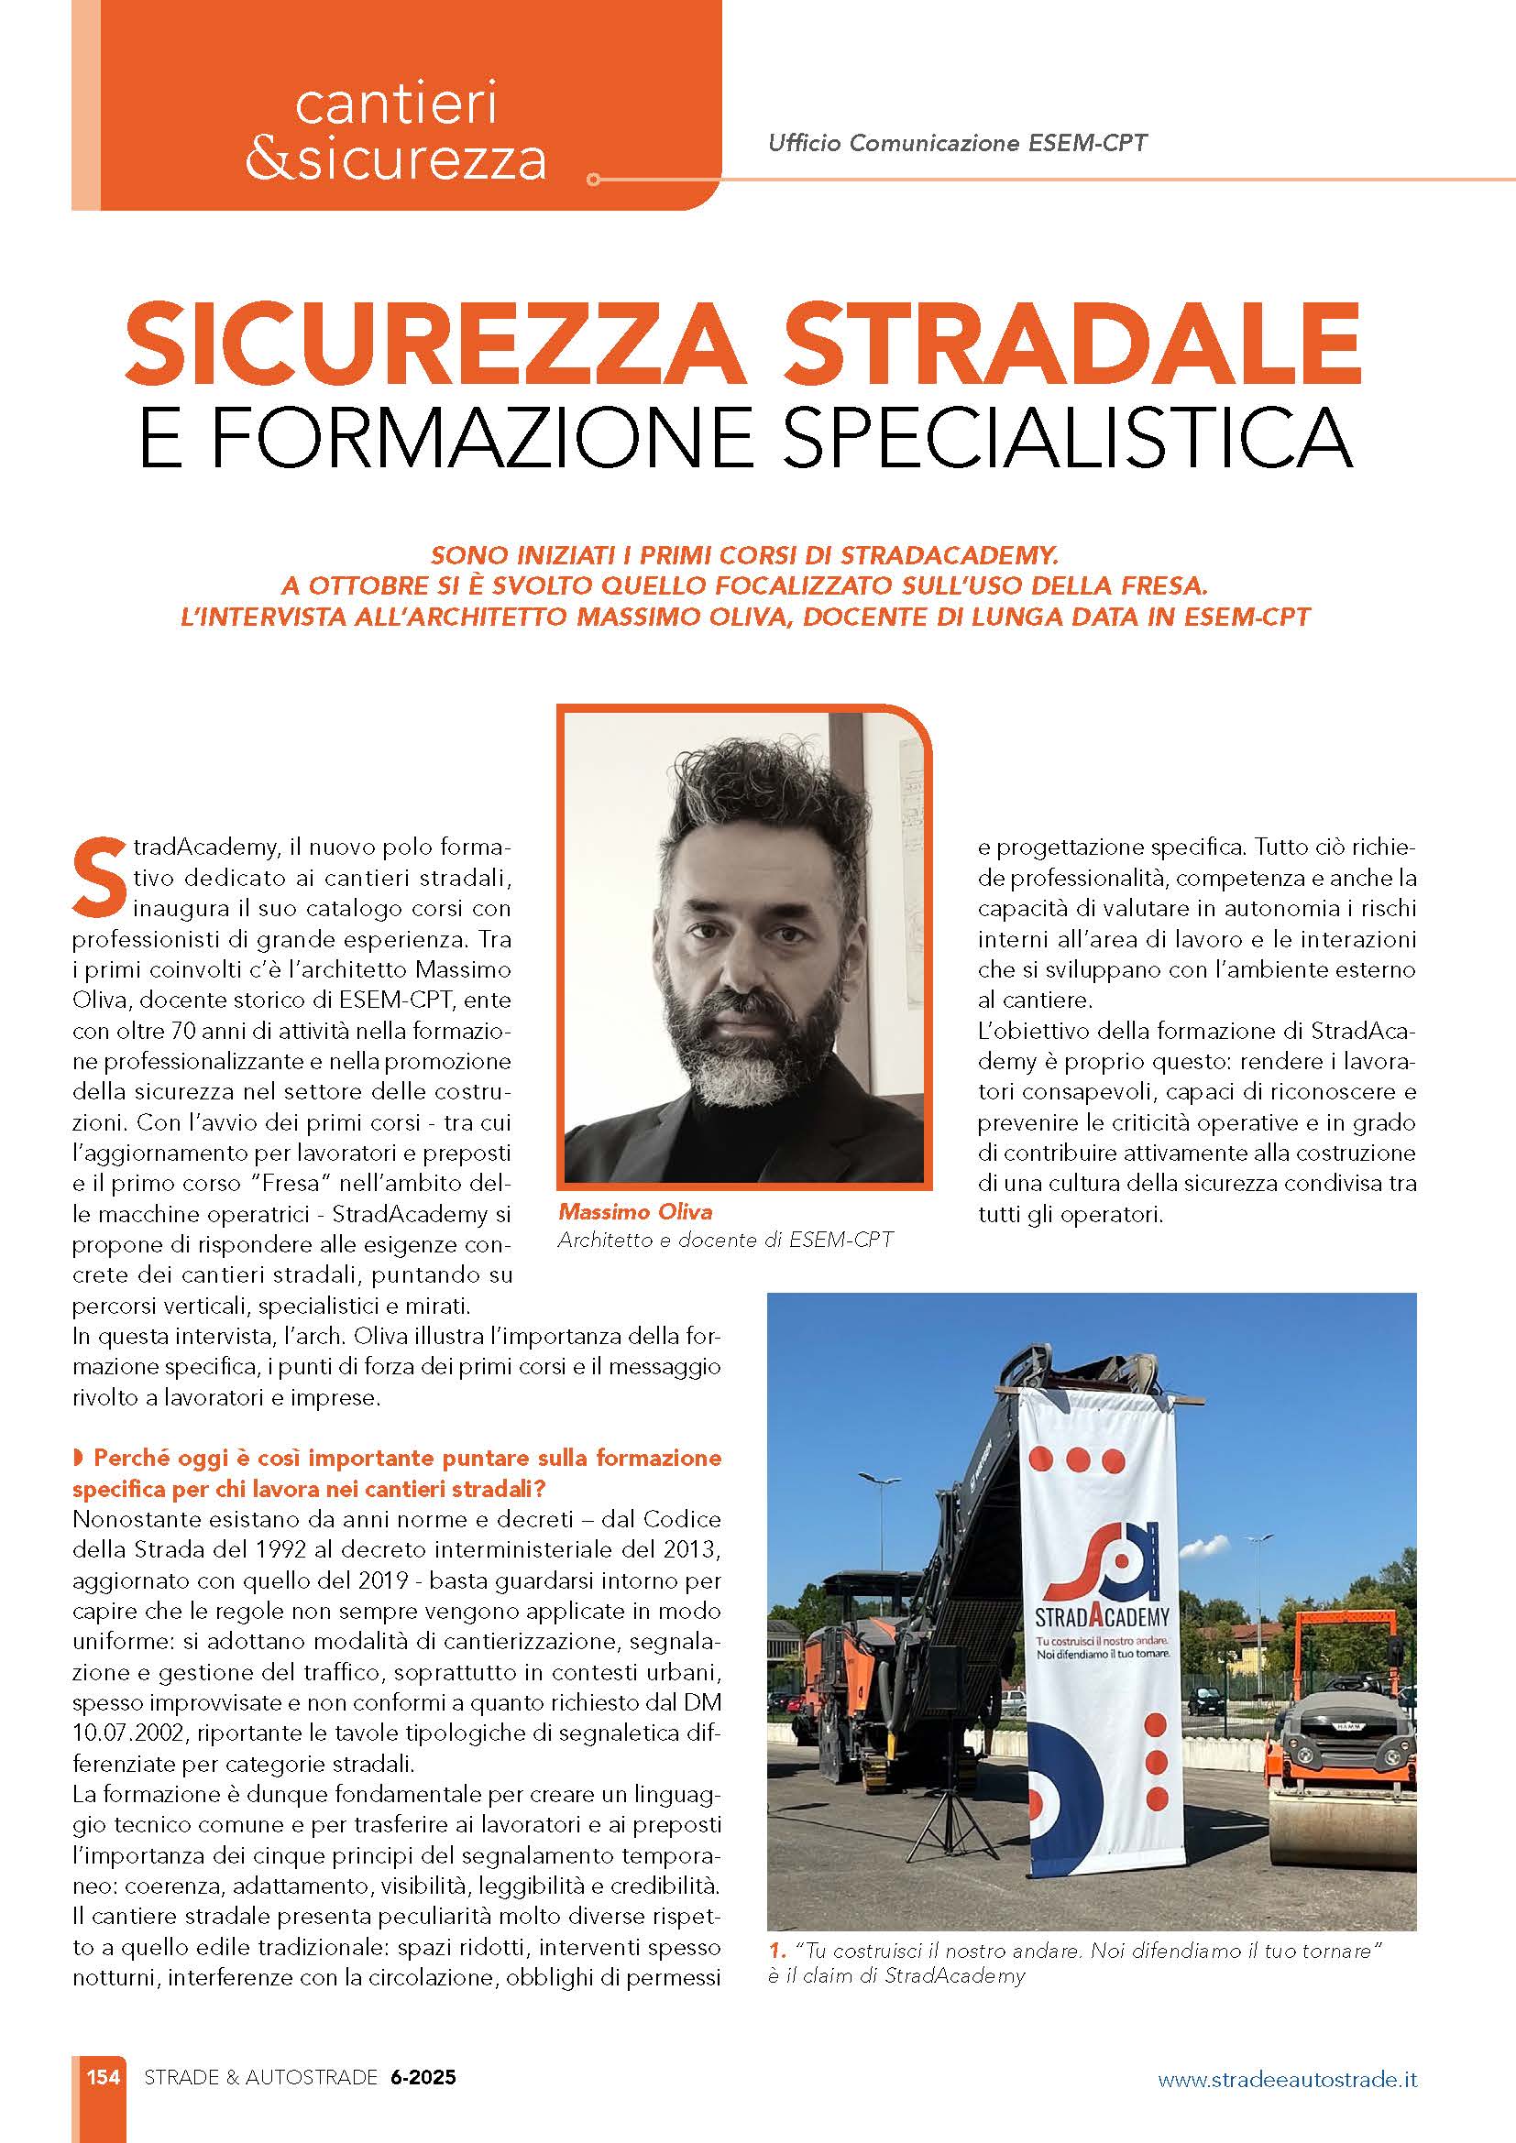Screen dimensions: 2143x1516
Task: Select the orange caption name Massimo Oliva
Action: coord(635,1212)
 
